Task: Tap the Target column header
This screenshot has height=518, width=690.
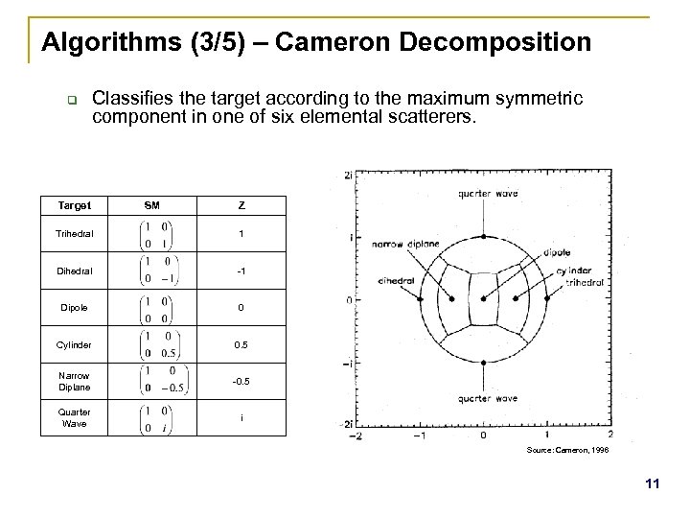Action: coord(70,204)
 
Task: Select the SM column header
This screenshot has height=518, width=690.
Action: coord(152,204)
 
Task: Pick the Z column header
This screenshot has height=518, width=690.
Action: coord(242,204)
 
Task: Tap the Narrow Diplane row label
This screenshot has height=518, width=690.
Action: coord(70,381)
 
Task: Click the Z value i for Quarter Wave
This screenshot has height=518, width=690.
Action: coord(242,418)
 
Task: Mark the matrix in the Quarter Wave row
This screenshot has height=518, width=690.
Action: coord(152,418)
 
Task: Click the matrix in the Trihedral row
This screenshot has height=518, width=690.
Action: coord(152,234)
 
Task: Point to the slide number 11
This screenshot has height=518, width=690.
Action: coord(654,485)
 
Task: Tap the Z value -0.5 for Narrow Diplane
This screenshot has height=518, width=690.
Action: coord(242,381)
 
